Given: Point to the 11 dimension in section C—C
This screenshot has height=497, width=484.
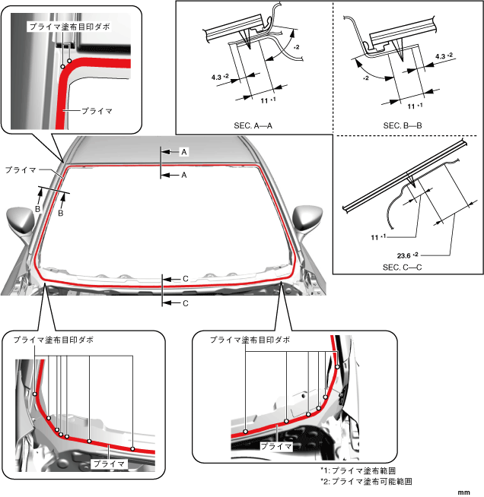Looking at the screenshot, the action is pos(376,238).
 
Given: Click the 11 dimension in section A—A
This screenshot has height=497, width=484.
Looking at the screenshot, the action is pos(263,100).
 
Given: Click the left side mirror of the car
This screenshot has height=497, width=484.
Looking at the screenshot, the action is pos(21,220).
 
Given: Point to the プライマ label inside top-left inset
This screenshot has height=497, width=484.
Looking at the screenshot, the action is pos(96,110).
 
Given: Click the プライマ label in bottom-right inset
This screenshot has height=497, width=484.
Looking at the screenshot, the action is pos(277,447).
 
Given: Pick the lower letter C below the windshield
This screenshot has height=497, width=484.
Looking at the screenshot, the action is pos(185,303).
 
